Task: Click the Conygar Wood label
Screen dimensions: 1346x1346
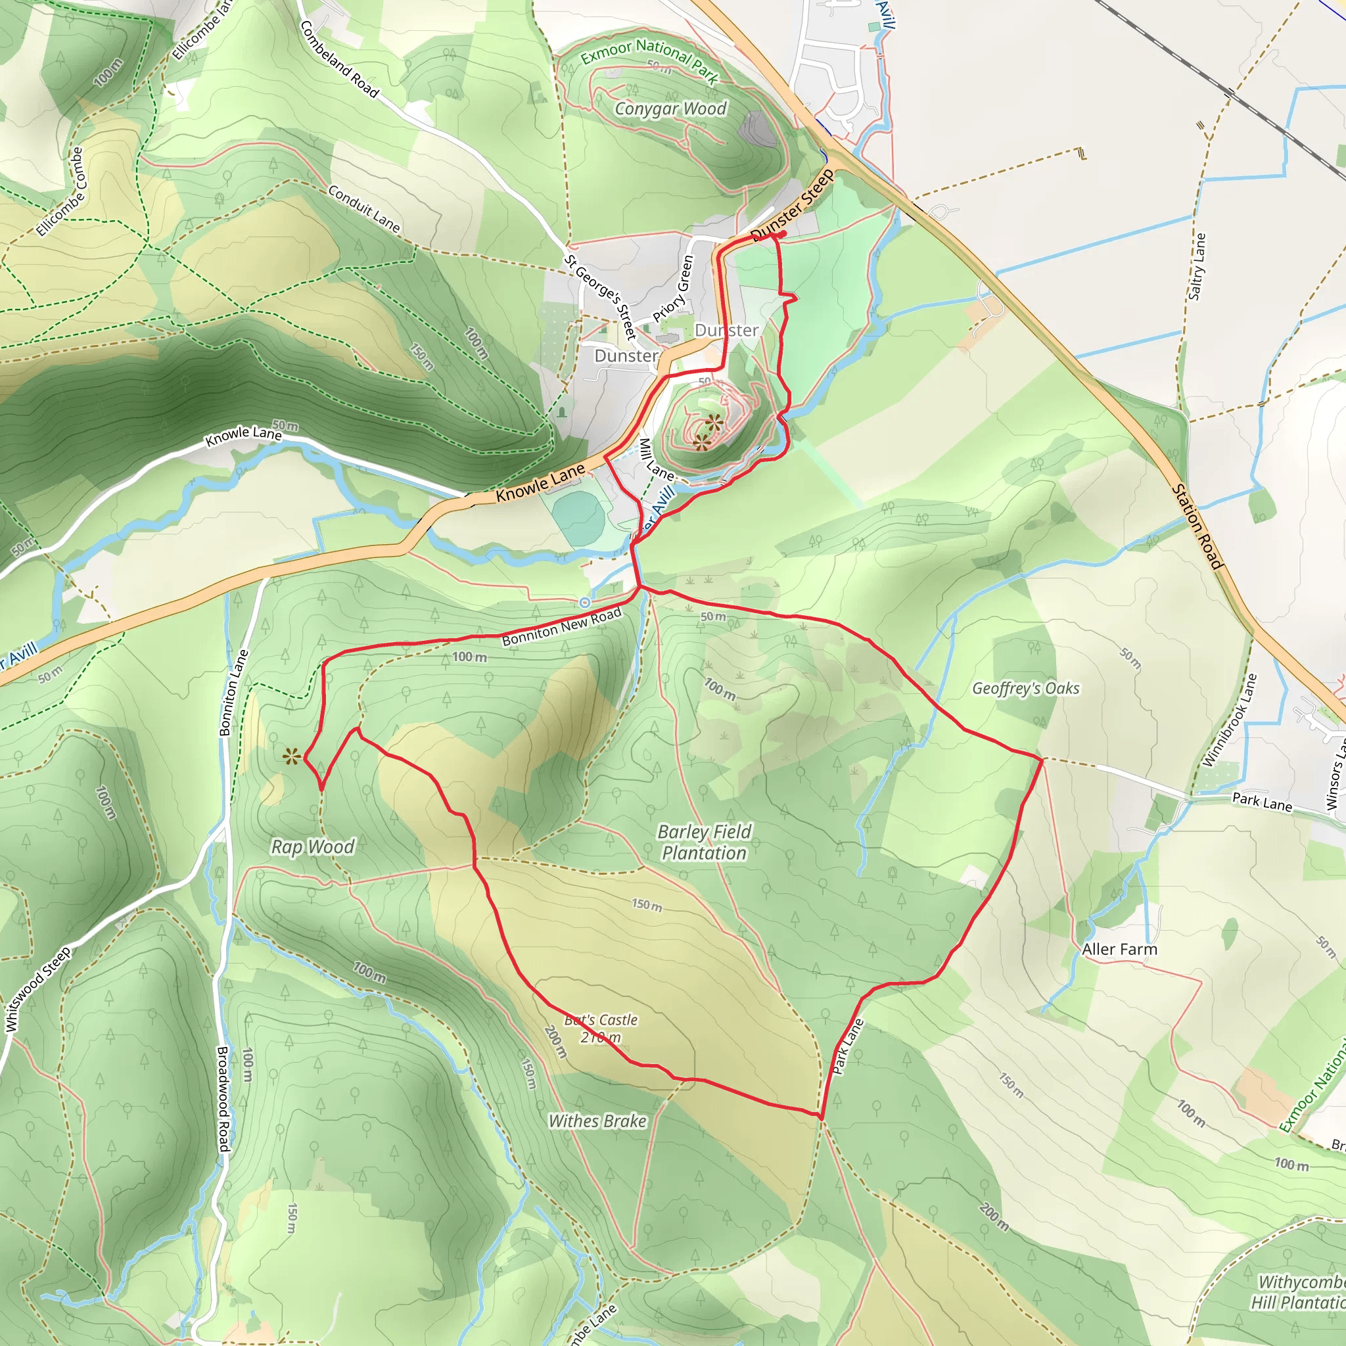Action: point(670,108)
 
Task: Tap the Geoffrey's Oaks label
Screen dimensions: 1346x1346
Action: point(1025,688)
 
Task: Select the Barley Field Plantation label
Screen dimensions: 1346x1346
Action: point(705,843)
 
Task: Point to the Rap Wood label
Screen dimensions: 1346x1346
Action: point(312,847)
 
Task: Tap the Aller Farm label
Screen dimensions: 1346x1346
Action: point(1119,949)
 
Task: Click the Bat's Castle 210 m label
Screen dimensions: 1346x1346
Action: point(601,1029)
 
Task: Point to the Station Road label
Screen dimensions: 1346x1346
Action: point(1197,526)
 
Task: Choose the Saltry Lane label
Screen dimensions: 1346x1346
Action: point(1196,267)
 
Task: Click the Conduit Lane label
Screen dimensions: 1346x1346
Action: point(363,209)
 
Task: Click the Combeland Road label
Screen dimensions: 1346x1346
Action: point(339,59)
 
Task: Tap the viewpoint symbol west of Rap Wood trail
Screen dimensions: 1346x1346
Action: point(291,756)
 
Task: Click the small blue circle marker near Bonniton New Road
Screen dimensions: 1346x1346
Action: point(584,602)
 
